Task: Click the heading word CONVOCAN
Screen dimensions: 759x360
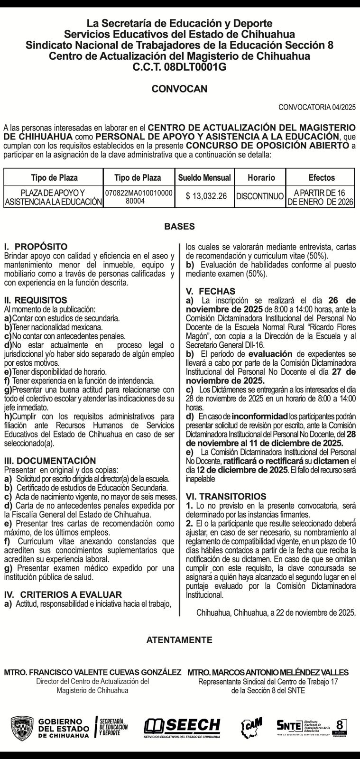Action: (179, 89)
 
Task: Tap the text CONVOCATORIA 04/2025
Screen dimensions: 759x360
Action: (317, 107)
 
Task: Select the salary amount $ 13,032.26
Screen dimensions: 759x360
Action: (206, 196)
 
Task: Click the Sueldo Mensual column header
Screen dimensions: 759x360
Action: (204, 178)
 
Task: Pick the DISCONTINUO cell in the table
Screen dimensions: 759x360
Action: (260, 196)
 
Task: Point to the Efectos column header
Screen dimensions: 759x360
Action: (321, 178)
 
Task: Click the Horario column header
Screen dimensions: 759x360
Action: (261, 178)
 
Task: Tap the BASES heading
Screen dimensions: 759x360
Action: (179, 227)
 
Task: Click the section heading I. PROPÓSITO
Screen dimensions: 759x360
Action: (36, 247)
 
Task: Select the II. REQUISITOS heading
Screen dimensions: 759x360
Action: (36, 300)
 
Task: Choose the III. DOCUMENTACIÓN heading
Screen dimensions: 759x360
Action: (50, 461)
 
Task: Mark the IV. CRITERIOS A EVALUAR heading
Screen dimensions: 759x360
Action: (63, 594)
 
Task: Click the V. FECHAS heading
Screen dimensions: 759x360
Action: (210, 291)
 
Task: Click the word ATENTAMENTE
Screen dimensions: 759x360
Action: (179, 640)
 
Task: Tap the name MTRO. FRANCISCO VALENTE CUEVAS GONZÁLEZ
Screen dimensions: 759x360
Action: (92, 672)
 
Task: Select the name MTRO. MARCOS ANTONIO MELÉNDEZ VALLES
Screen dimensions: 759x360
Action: (268, 672)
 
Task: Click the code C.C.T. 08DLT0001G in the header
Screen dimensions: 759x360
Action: (179, 67)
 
